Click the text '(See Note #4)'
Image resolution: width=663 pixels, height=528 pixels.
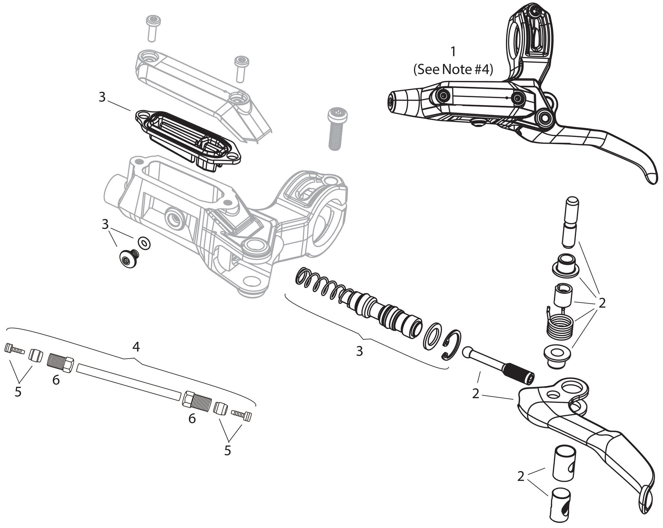(453, 70)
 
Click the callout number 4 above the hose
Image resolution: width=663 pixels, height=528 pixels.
(136, 347)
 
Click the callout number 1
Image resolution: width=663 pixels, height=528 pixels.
(453, 52)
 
